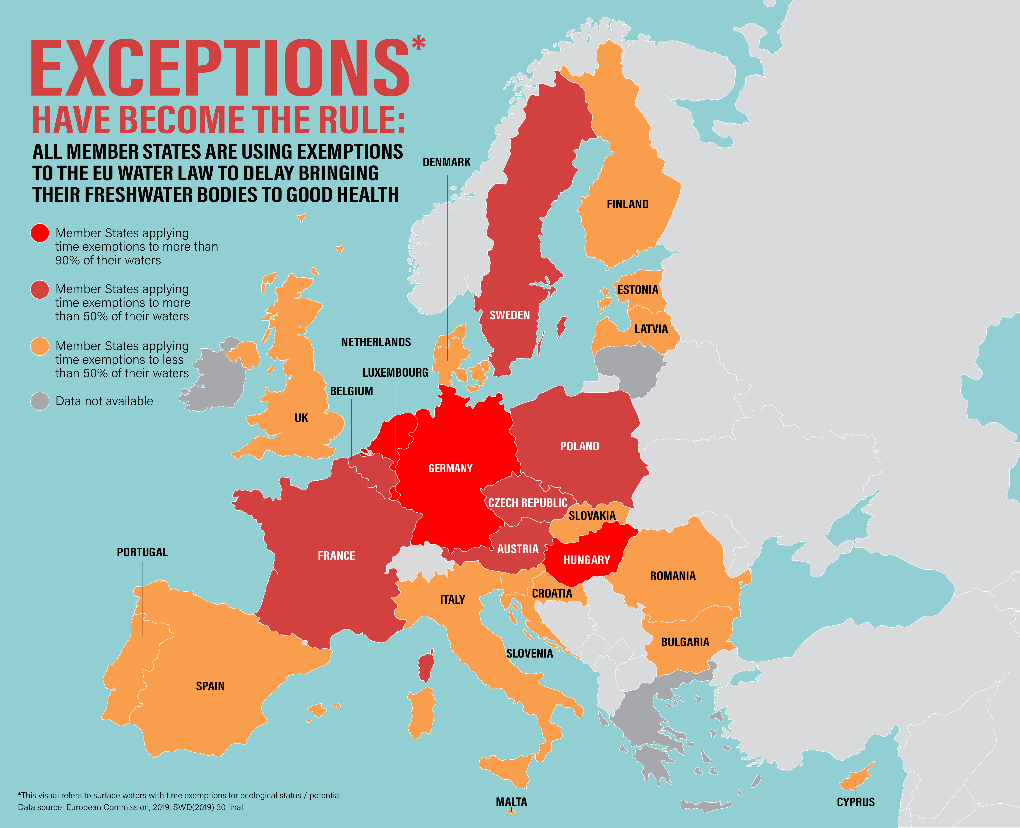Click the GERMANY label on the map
(450, 468)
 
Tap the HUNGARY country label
(587, 560)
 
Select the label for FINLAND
(628, 204)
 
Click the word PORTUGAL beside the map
(142, 552)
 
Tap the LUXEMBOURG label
(395, 373)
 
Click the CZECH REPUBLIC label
(527, 503)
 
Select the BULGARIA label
(685, 642)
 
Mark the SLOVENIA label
(529, 653)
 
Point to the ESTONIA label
(638, 289)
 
